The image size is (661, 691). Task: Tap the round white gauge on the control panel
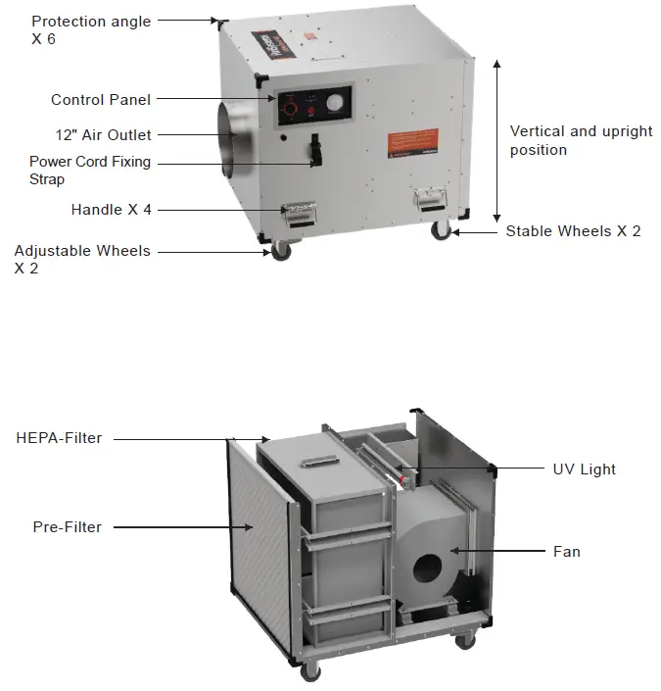pyautogui.click(x=335, y=103)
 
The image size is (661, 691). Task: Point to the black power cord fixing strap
pyautogui.click(x=315, y=152)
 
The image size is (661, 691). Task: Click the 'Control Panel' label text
pyautogui.click(x=101, y=100)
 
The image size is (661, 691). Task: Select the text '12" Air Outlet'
pyautogui.click(x=104, y=134)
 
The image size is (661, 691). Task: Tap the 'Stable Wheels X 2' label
pyautogui.click(x=573, y=231)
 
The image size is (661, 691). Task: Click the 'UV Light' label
pyautogui.click(x=585, y=469)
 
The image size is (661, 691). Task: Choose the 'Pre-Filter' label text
pyautogui.click(x=68, y=527)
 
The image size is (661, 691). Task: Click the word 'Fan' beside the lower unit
pyautogui.click(x=567, y=552)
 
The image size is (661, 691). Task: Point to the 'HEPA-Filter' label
pyautogui.click(x=60, y=438)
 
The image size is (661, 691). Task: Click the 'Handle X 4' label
pyautogui.click(x=112, y=210)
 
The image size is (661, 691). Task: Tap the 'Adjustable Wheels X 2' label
pyautogui.click(x=82, y=259)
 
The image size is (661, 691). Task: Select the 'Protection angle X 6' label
pyautogui.click(x=91, y=29)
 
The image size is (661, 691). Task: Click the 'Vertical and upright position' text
pyautogui.click(x=581, y=140)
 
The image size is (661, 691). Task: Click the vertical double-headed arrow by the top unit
pyautogui.click(x=497, y=140)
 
